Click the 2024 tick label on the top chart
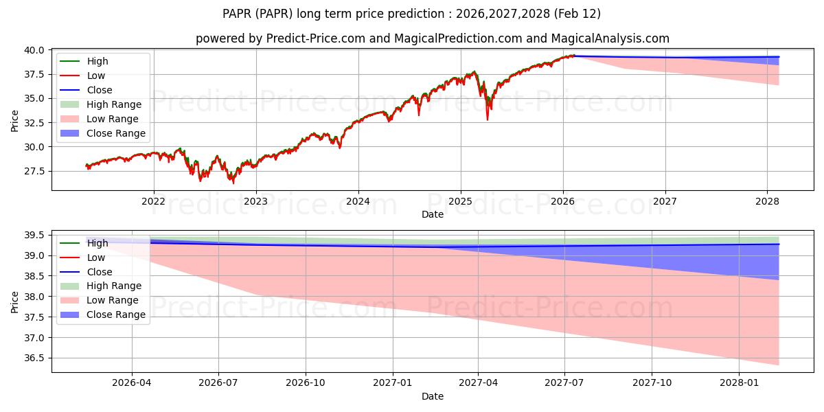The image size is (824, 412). point(358,201)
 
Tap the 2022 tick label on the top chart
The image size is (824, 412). point(153,201)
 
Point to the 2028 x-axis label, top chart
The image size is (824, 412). point(767,201)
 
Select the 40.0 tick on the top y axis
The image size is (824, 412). point(34,50)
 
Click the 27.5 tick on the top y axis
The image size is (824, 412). point(34,171)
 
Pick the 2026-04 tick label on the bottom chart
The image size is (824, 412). point(132,383)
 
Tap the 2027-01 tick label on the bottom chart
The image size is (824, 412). point(392,383)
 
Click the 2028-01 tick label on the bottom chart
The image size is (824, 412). point(740,383)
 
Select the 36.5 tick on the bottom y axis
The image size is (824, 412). point(34,358)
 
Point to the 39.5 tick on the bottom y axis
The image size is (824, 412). point(34,236)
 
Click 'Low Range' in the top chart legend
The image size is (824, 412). point(112,119)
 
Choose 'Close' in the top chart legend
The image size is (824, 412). point(99,90)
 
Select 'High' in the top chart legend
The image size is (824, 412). point(98,61)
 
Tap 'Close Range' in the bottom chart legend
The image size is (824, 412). point(115,314)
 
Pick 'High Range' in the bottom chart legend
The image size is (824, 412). point(113,286)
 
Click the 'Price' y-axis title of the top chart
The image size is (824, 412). point(15,121)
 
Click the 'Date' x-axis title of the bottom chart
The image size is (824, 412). point(433,396)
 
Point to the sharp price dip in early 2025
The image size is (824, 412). point(488,118)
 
